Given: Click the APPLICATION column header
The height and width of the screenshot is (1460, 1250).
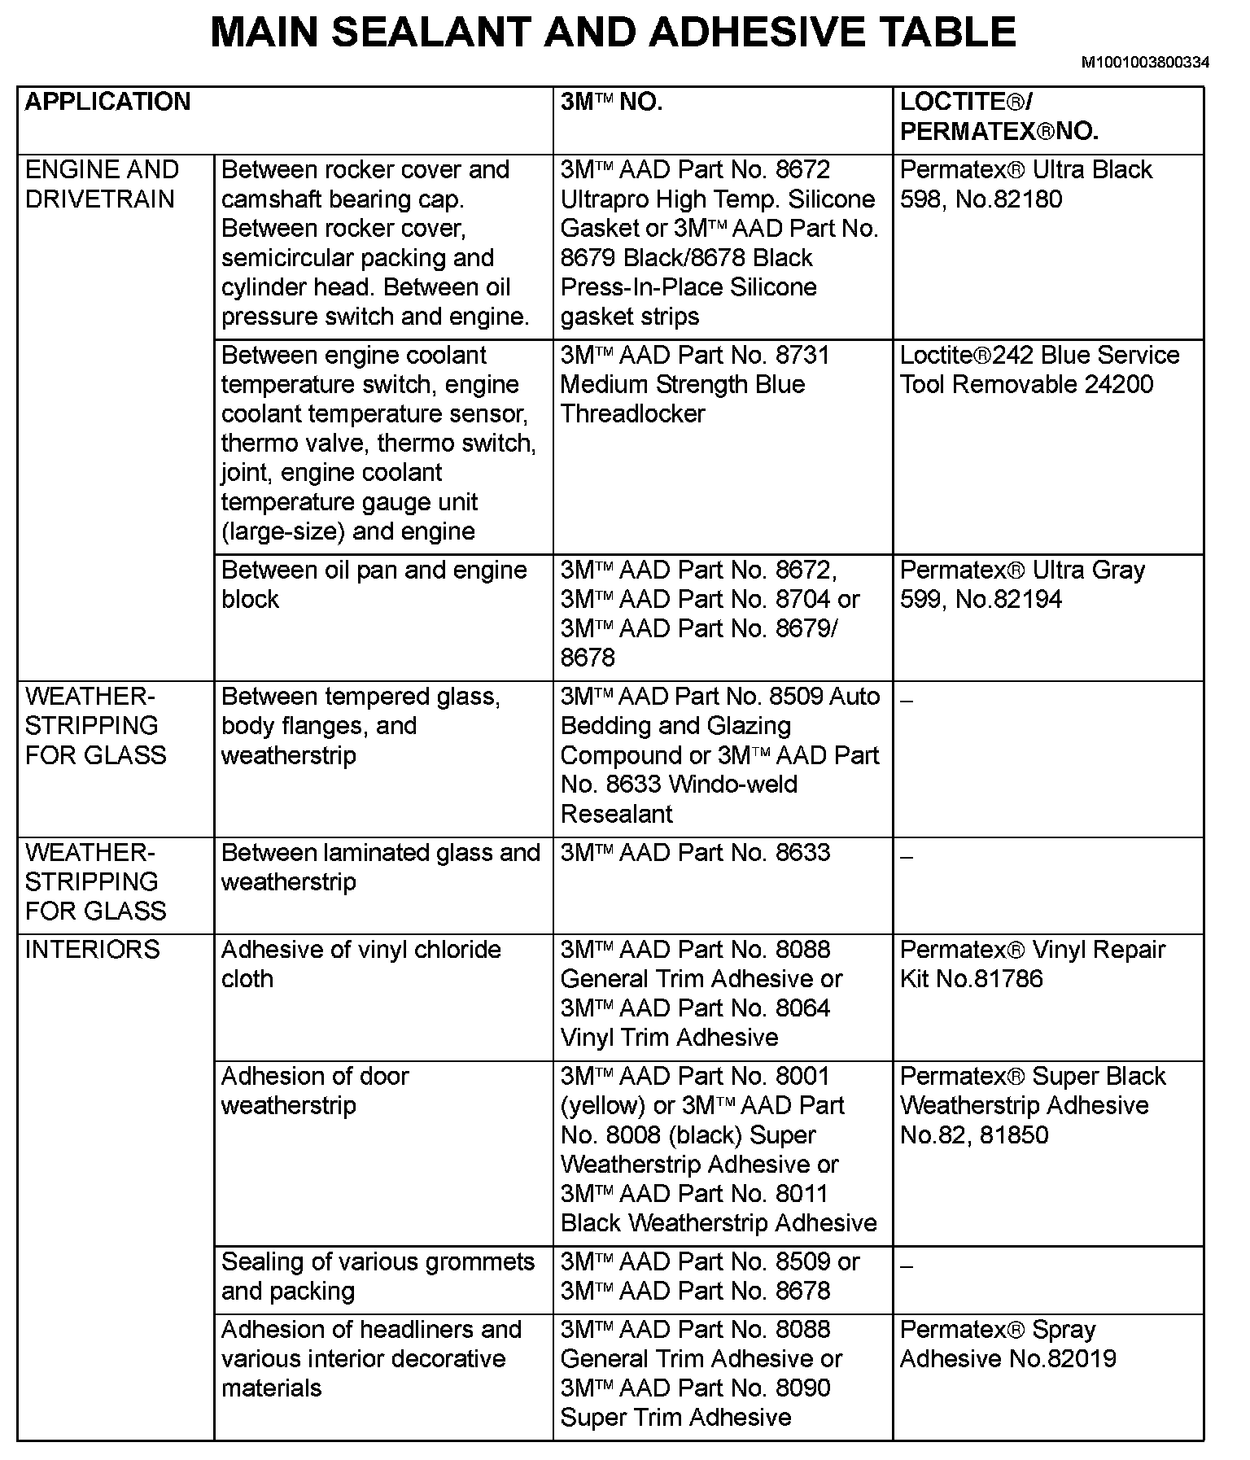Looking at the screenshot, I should click(x=107, y=103).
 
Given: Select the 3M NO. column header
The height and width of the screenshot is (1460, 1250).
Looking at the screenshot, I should click(x=611, y=103).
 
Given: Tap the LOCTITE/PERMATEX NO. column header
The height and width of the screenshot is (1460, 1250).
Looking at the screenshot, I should click(x=999, y=117).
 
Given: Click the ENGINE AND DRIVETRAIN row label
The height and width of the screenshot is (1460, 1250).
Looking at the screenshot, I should click(x=102, y=185).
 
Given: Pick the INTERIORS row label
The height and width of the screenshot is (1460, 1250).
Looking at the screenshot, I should click(x=93, y=950).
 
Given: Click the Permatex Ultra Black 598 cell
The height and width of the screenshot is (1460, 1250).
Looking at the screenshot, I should click(x=1025, y=185).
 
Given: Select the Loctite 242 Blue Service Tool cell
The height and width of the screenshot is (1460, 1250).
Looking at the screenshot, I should click(x=1039, y=370).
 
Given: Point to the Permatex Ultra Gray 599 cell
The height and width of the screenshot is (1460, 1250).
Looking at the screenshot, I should click(x=1022, y=585).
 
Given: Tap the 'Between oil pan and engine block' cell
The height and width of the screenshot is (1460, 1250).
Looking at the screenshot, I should click(x=374, y=585).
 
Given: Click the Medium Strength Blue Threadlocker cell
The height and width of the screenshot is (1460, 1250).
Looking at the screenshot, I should click(x=683, y=385).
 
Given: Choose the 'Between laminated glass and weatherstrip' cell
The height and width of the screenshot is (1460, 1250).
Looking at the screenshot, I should click(x=381, y=868).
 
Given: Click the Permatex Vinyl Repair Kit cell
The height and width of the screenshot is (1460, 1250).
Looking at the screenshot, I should click(x=1033, y=964).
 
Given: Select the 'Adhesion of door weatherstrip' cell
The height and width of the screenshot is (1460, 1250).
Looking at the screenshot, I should click(x=315, y=1091).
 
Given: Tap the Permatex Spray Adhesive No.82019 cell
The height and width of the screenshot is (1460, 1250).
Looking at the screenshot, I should click(x=1007, y=1344).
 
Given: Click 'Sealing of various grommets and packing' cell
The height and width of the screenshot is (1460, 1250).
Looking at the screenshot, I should click(x=378, y=1277).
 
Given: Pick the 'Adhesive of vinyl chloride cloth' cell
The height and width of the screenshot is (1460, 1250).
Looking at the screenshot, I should click(x=361, y=964).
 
